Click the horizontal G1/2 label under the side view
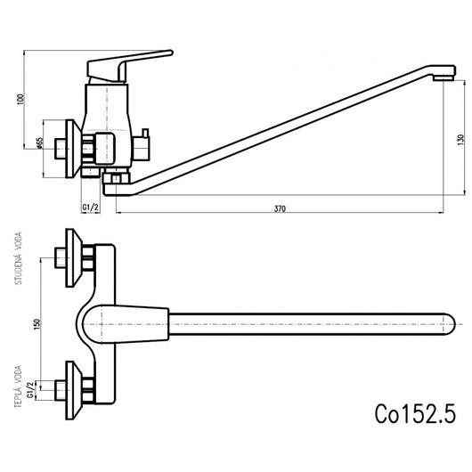90,208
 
